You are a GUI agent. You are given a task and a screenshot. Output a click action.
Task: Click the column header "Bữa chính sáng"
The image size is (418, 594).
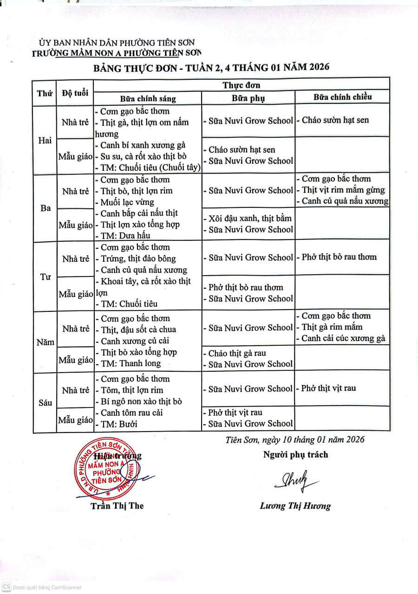(148, 98)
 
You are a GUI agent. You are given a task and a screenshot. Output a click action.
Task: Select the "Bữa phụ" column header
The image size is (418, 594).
(248, 98)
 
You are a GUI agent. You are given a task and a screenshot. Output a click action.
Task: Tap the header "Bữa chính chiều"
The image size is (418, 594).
(342, 97)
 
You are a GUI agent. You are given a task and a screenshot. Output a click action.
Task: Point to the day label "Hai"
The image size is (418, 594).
(45, 141)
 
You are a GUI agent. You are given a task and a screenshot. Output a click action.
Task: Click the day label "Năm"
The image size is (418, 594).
(46, 342)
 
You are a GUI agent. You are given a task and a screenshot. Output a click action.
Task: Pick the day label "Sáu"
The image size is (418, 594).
(46, 403)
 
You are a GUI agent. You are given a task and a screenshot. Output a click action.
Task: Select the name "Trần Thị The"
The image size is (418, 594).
(117, 505)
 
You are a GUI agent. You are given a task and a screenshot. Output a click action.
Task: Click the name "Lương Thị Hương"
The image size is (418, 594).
(295, 506)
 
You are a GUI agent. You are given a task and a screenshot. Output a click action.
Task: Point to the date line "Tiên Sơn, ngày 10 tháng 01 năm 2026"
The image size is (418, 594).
(295, 439)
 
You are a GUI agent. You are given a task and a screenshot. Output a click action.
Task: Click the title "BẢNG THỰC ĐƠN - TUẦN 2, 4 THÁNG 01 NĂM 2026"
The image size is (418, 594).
(211, 67)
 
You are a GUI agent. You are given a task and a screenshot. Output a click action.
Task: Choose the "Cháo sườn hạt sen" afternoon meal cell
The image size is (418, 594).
(335, 120)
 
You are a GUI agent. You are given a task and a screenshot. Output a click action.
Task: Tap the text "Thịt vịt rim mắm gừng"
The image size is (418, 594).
(343, 190)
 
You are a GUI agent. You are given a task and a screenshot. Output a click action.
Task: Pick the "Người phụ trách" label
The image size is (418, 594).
(295, 455)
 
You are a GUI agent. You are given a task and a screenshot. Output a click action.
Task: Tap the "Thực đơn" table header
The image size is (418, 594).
(241, 85)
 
